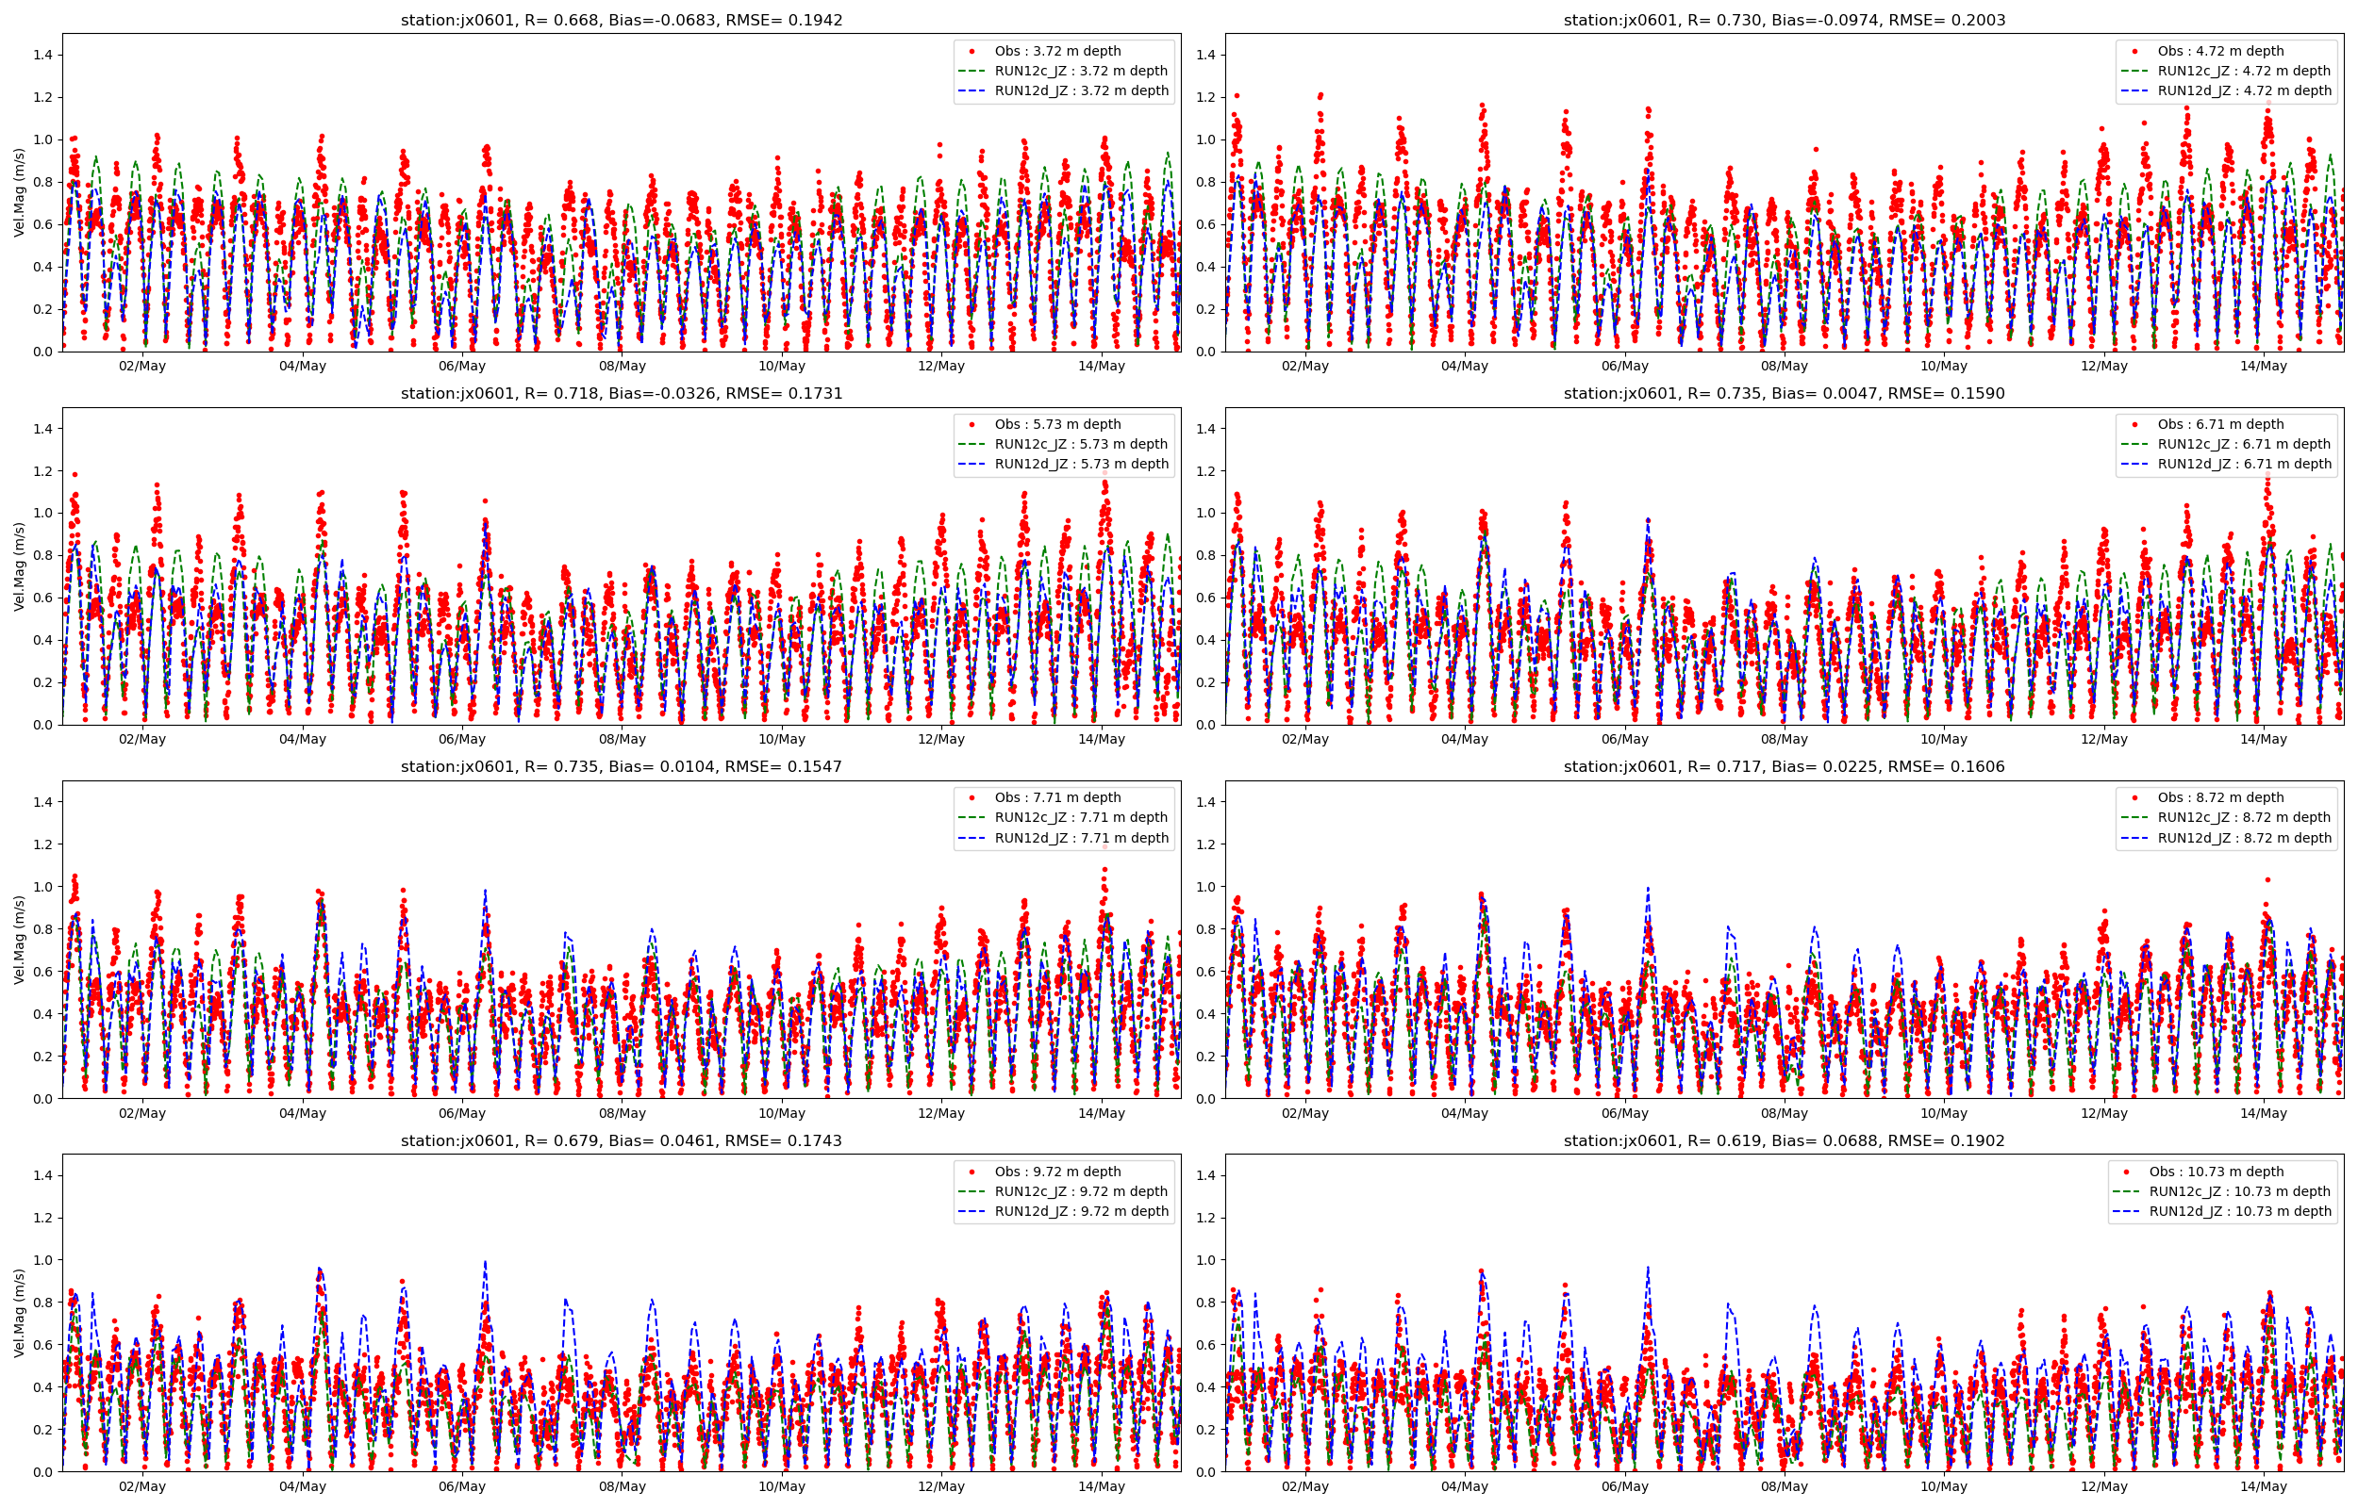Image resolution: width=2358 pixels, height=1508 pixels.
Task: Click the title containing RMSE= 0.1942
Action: click(621, 20)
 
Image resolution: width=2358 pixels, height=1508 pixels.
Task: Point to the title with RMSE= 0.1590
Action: click(1784, 394)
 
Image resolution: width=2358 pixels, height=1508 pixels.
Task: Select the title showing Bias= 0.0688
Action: click(1784, 1140)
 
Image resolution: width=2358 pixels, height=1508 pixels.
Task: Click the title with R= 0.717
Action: click(1784, 767)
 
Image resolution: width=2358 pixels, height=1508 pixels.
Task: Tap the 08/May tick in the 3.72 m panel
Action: click(623, 367)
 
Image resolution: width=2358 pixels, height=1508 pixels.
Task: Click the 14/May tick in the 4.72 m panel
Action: click(2264, 367)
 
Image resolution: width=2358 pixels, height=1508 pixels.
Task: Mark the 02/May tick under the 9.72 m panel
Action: click(142, 1486)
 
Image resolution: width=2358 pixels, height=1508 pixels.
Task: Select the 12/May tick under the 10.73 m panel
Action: click(2104, 1486)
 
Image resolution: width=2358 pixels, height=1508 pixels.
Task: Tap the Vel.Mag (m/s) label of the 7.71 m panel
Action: click(20, 940)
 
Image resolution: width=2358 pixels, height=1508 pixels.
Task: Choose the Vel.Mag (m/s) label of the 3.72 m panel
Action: click(20, 193)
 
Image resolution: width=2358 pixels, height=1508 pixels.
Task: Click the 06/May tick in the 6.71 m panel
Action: click(1624, 739)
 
